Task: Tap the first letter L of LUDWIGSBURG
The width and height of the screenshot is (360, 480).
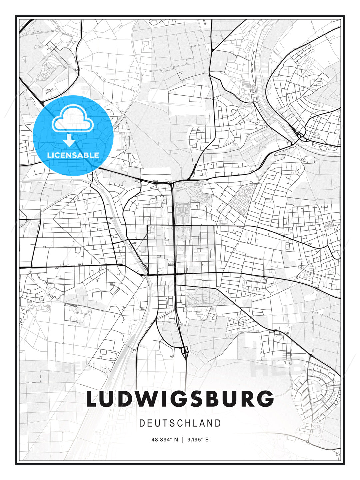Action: click(x=93, y=399)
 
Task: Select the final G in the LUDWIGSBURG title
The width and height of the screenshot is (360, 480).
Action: click(x=265, y=399)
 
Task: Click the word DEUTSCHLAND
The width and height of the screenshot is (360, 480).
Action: click(x=180, y=423)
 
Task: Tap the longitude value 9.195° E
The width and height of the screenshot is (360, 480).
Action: click(x=198, y=440)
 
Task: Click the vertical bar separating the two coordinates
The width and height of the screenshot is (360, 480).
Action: click(x=183, y=440)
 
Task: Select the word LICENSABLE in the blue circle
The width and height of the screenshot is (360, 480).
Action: click(x=73, y=155)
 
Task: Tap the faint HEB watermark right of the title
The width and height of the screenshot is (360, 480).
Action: click(x=277, y=367)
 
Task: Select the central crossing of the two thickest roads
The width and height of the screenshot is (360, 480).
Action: click(x=174, y=274)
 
